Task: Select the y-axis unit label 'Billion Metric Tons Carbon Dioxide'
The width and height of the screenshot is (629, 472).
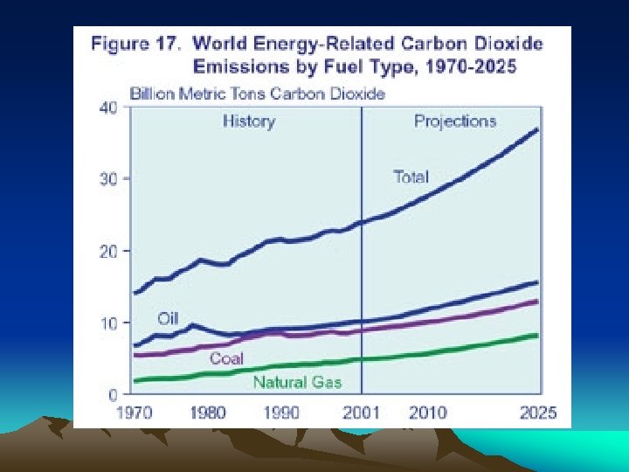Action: [257, 94]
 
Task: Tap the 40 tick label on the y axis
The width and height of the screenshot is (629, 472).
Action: [107, 108]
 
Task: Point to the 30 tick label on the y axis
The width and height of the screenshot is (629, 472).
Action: [107, 179]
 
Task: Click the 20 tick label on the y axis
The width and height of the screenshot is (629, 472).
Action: [107, 252]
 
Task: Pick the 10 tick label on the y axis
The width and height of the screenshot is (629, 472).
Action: [107, 323]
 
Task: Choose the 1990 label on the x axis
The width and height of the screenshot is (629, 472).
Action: [284, 413]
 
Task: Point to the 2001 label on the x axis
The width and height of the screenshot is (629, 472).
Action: [360, 413]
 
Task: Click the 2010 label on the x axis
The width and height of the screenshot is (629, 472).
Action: [428, 413]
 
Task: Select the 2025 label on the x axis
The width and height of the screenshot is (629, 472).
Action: [536, 413]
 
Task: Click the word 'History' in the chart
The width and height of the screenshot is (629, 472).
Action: [248, 121]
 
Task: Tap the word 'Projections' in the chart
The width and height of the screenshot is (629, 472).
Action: [455, 121]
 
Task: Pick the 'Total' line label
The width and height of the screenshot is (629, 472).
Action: [411, 177]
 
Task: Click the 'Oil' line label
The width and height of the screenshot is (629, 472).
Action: [168, 318]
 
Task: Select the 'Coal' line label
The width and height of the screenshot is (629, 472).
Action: [225, 358]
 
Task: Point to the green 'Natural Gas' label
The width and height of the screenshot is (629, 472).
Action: [297, 382]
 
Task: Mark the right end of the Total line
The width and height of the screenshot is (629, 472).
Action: [536, 129]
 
